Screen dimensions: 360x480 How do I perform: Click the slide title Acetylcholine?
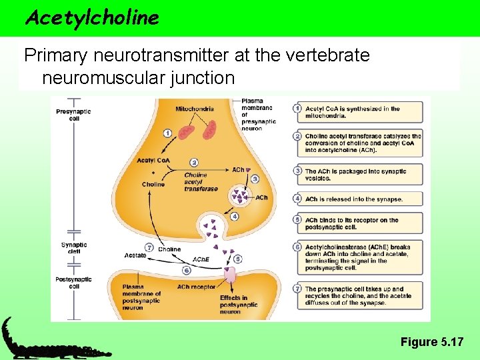click(x=91, y=18)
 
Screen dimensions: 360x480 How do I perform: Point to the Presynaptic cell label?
click(x=74, y=115)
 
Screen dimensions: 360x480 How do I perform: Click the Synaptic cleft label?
click(x=74, y=248)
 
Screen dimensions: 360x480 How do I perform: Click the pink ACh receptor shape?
click(x=231, y=275)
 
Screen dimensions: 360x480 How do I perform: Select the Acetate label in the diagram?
click(x=135, y=255)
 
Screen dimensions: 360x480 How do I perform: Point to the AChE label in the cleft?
click(x=200, y=259)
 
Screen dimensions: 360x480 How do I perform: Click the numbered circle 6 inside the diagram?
click(x=187, y=271)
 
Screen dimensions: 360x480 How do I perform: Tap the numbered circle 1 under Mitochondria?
click(x=167, y=133)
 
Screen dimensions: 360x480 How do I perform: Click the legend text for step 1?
click(x=353, y=112)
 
